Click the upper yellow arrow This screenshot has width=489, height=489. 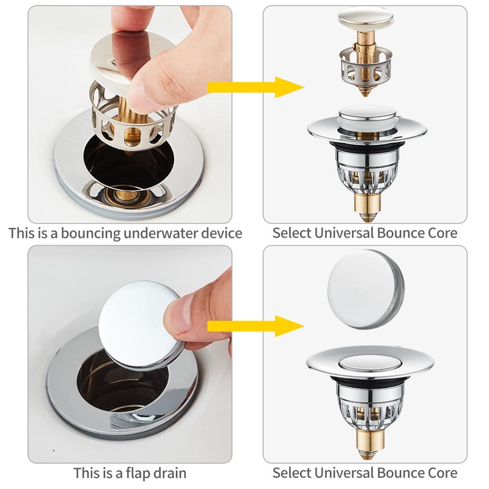256,87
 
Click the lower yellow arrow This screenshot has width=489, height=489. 256,326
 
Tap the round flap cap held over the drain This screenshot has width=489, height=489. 139,325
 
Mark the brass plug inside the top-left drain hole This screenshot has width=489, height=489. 128,195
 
